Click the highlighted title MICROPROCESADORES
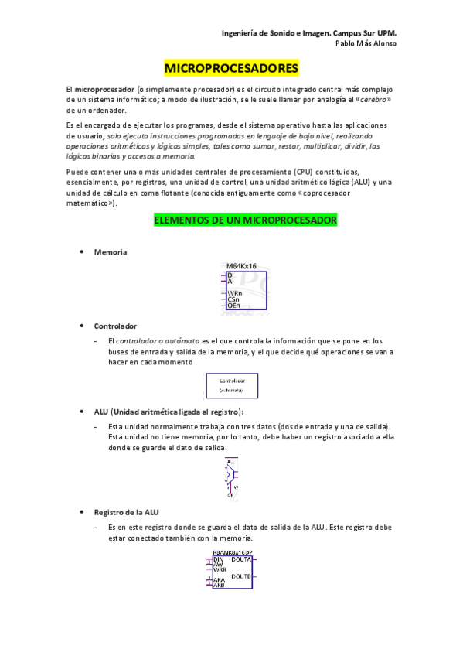231,69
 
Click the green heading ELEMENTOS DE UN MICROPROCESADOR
246,220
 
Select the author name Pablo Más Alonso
366,44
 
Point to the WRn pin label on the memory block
235,293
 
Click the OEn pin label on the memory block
234,306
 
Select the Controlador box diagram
232,385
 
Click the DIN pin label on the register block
217,559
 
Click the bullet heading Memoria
111,252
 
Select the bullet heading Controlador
115,326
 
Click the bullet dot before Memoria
82,252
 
